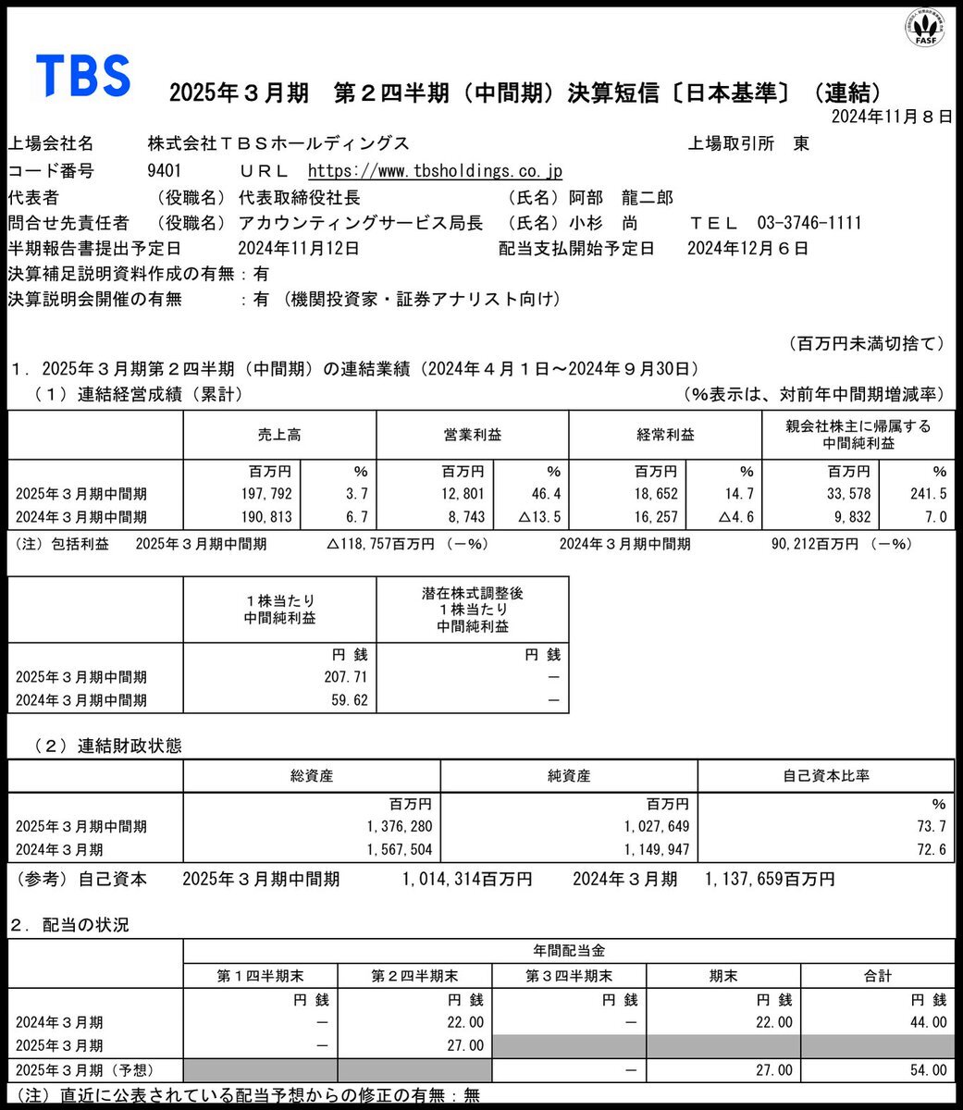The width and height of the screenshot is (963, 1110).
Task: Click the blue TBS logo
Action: coord(82,75)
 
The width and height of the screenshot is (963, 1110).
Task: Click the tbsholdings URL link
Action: coord(434,171)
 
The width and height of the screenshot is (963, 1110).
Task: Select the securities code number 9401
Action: coord(164,171)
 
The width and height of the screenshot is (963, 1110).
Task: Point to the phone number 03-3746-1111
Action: coord(809,223)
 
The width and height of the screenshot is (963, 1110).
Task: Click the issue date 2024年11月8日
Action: coord(891,117)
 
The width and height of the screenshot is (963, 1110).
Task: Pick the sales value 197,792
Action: coord(265,494)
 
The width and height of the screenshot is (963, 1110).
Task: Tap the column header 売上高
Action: coord(279,435)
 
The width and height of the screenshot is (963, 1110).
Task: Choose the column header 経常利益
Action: coord(664,435)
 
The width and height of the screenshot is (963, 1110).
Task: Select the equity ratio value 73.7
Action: coord(933,826)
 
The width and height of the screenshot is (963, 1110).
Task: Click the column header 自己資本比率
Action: coord(825,776)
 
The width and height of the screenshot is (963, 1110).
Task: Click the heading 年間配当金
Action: coord(569,951)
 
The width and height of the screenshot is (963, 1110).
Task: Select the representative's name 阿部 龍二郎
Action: coord(621,197)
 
